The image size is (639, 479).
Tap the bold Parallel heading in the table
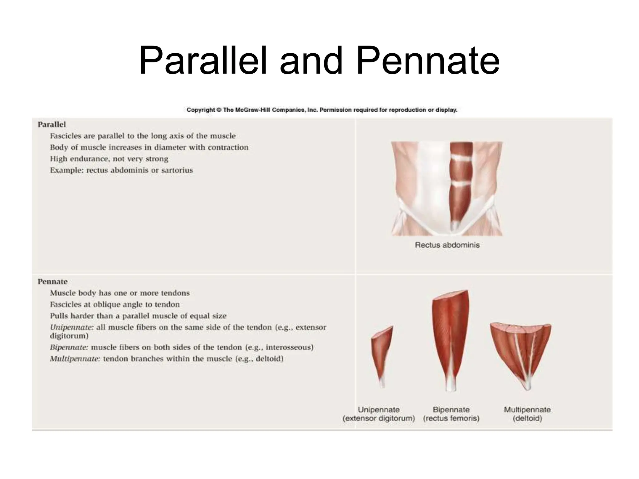52,124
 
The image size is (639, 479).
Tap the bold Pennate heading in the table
52,282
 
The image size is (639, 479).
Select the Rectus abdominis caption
447,245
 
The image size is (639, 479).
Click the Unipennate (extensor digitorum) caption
378,414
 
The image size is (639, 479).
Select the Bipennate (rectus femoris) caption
451,414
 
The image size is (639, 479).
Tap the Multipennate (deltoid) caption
527,414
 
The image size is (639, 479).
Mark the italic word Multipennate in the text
75,359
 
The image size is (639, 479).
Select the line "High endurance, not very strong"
109,159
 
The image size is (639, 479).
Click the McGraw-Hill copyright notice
322,110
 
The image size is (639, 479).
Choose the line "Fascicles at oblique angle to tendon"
115,304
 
